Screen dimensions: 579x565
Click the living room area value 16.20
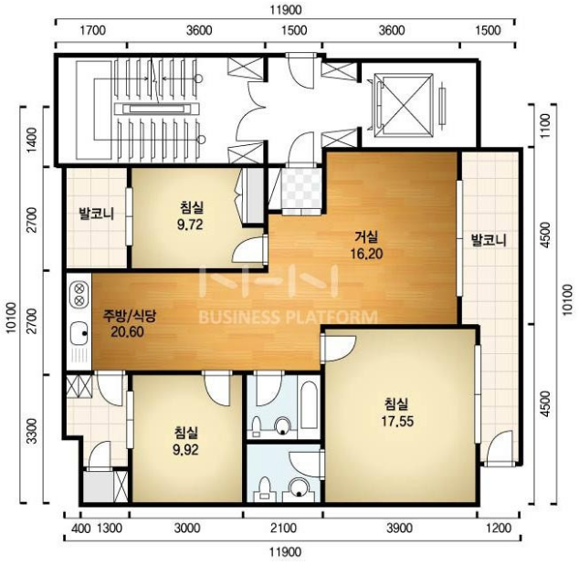click(x=366, y=254)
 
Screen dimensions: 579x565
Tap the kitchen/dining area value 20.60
click(x=127, y=331)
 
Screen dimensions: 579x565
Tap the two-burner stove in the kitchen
click(x=79, y=294)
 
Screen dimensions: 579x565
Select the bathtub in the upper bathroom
click(x=309, y=405)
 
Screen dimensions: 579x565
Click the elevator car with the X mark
click(x=404, y=106)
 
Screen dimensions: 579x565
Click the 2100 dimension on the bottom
click(x=283, y=528)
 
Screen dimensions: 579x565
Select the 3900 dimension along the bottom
click(x=399, y=528)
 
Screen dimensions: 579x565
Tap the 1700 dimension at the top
click(x=92, y=30)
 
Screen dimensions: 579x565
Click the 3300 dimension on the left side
click(x=33, y=431)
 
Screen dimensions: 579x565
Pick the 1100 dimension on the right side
click(x=544, y=126)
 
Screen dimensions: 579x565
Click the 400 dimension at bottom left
click(x=81, y=528)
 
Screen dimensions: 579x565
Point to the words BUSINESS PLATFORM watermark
click(x=289, y=317)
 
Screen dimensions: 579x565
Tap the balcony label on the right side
click(x=489, y=240)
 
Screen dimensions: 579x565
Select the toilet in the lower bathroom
click(x=265, y=488)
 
